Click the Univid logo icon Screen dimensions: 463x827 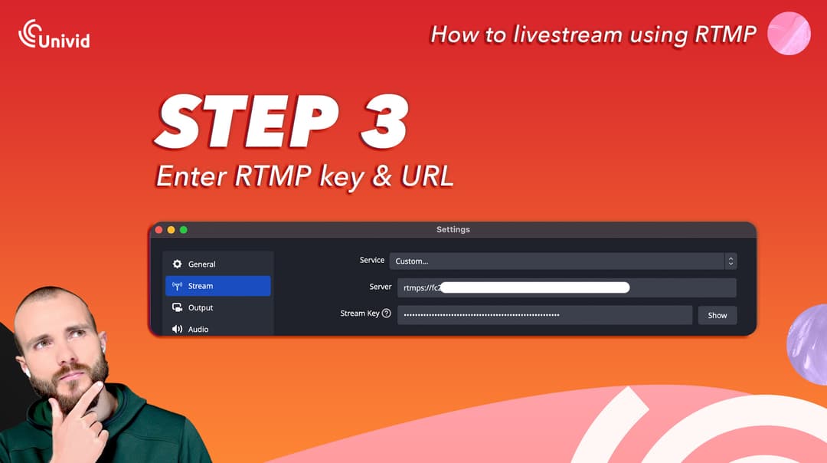31,32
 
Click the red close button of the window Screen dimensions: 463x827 159,229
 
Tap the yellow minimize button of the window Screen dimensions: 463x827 172,229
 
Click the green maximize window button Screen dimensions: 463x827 184,229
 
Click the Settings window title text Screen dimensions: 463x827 453,229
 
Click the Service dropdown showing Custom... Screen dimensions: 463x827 563,261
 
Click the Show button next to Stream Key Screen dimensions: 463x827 717,315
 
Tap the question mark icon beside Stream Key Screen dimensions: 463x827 387,314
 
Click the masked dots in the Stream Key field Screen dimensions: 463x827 482,315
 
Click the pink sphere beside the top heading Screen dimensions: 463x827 789,34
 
